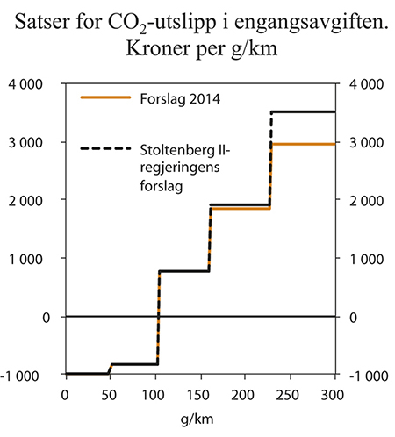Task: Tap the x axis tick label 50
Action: point(110,391)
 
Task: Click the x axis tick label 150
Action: point(200,391)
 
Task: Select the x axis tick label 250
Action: point(291,391)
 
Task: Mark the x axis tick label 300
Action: point(335,391)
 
